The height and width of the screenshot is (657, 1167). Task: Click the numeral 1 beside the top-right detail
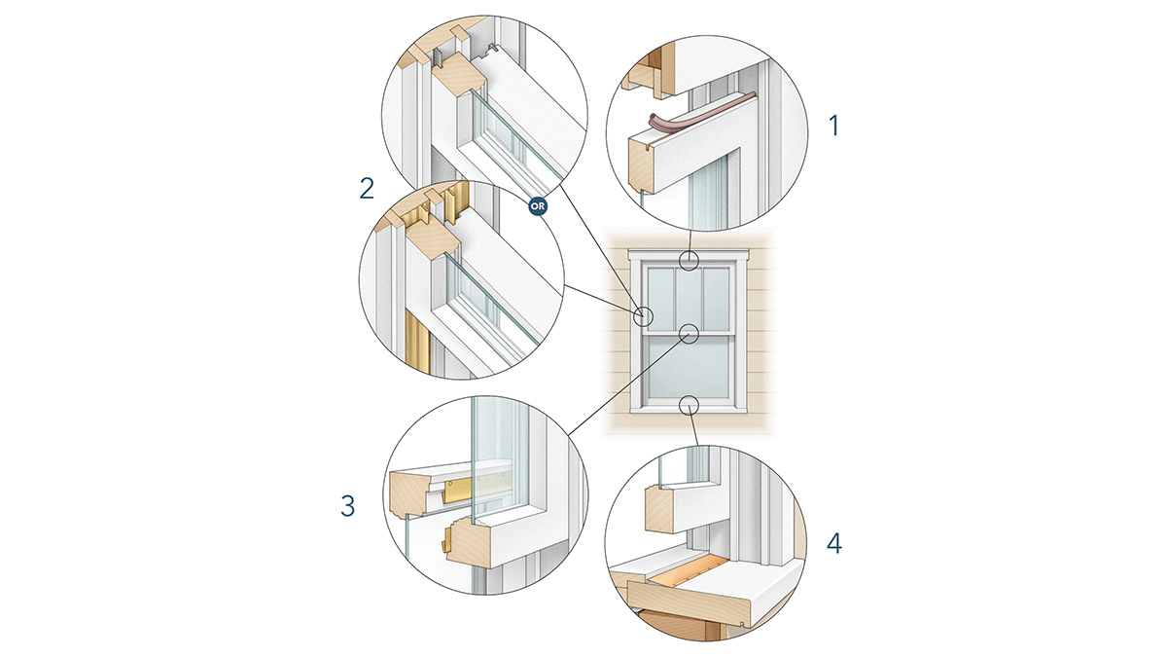click(834, 127)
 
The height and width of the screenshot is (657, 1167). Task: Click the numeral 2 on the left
click(367, 188)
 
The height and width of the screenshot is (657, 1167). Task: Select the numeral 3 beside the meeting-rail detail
click(347, 506)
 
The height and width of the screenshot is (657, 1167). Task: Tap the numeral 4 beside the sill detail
click(834, 544)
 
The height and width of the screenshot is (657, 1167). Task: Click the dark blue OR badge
click(538, 206)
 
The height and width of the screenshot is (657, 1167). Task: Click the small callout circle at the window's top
click(690, 260)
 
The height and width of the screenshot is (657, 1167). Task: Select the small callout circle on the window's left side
click(644, 315)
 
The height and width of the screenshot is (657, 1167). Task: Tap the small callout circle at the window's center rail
click(690, 334)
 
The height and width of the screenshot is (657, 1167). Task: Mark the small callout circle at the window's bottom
click(690, 404)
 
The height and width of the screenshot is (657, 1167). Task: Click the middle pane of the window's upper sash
click(689, 299)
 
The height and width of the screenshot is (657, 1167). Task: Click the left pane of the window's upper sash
click(660, 299)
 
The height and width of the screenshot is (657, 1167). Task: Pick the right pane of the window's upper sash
click(717, 299)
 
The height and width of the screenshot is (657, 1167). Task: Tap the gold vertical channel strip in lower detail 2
click(417, 342)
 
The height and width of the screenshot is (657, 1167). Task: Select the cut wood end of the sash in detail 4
click(661, 509)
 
